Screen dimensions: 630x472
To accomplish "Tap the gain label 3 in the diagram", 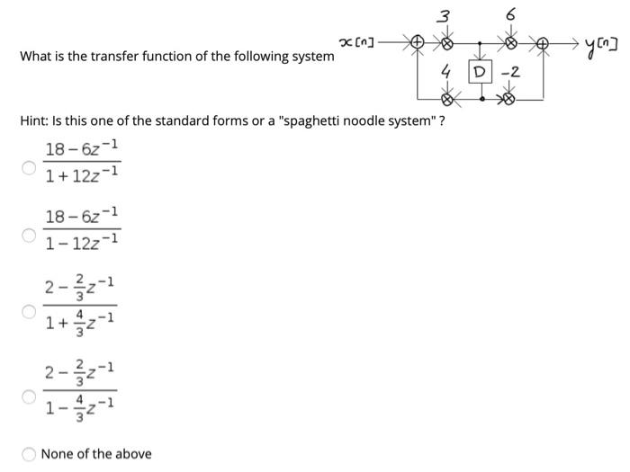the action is [443, 13].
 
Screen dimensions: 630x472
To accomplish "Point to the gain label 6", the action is [510, 13].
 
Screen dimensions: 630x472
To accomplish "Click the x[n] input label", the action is [358, 40].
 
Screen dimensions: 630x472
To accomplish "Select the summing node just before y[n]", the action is [545, 41].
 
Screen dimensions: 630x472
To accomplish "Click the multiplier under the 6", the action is [511, 41].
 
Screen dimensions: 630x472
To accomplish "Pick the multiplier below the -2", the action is [511, 94].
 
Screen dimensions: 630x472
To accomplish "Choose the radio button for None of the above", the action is [28, 454].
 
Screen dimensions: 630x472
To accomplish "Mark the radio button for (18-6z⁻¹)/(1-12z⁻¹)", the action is [28, 236].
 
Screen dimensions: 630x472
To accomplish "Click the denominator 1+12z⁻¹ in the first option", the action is [82, 174].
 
